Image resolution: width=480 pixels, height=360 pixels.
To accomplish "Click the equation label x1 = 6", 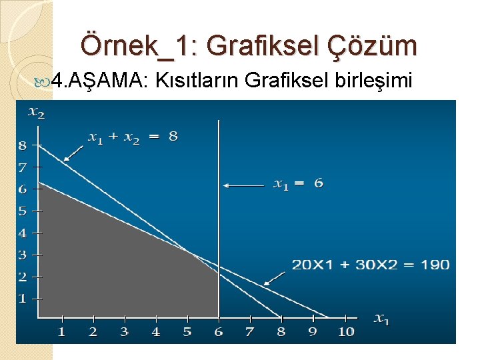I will pyautogui.click(x=298, y=183).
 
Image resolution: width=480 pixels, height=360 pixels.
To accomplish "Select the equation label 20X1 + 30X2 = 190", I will pyautogui.click(x=371, y=265).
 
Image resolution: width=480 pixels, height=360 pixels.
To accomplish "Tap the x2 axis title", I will pyautogui.click(x=36, y=111).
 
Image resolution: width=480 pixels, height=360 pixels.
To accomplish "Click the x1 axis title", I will pyautogui.click(x=381, y=319).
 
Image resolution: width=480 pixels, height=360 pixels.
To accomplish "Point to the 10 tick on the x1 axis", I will pyautogui.click(x=345, y=331).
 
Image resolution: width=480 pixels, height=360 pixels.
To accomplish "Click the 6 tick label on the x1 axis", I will pyautogui.click(x=219, y=331).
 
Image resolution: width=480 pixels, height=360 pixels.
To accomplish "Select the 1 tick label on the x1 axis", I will pyautogui.click(x=61, y=331).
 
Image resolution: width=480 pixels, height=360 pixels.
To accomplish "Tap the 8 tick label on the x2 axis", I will pyautogui.click(x=23, y=145).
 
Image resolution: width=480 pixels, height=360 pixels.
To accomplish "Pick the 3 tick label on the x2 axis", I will pyautogui.click(x=23, y=255).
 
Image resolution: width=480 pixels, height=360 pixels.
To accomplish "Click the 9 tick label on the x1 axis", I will pyautogui.click(x=312, y=331).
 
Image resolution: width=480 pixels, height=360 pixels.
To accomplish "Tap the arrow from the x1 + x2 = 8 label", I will pyautogui.click(x=73, y=152).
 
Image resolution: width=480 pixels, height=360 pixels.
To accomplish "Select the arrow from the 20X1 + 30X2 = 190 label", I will pyautogui.click(x=273, y=278).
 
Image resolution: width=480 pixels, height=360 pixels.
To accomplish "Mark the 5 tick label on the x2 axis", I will pyautogui.click(x=23, y=211).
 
